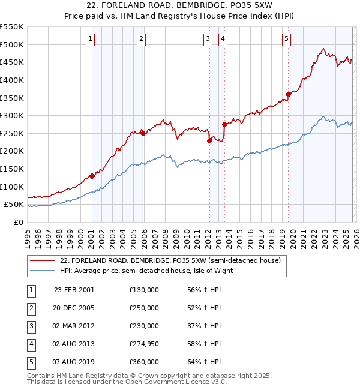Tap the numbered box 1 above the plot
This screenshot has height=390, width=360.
90,40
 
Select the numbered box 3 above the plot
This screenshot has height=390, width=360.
208,40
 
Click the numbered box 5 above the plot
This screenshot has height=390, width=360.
286,40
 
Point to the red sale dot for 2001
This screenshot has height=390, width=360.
92,176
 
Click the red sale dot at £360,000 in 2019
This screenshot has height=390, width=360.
289,94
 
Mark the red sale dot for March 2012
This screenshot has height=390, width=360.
210,140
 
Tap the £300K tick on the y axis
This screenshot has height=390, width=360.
12,115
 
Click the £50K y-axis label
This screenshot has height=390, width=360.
14,205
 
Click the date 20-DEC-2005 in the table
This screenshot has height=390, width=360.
74,308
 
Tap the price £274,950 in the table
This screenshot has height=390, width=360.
144,344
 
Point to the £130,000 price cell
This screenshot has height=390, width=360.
144,290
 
